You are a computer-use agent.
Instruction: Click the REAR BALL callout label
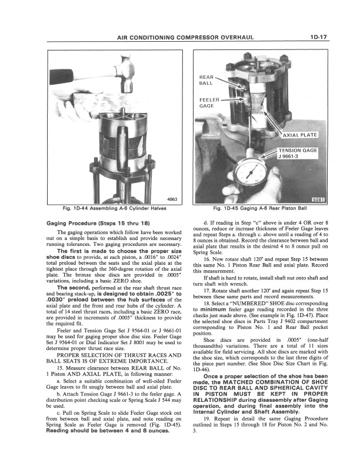(x=206, y=79)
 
